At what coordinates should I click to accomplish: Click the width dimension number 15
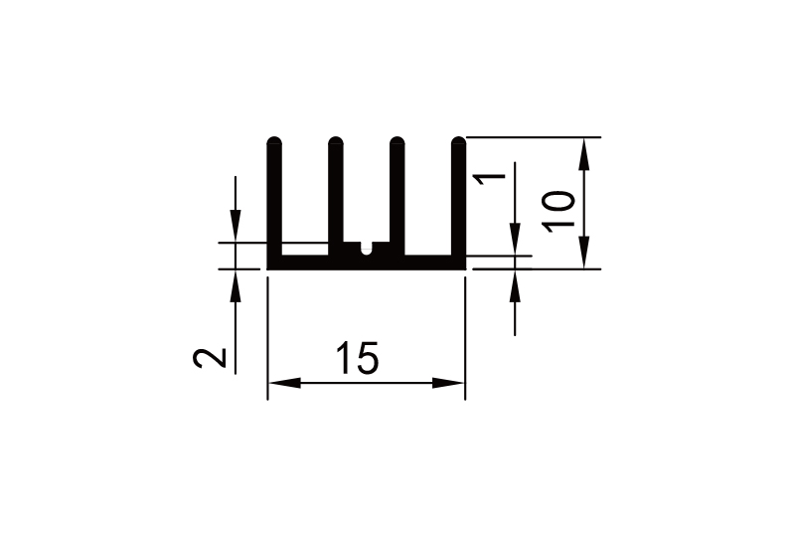(356, 359)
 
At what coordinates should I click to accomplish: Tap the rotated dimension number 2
(210, 357)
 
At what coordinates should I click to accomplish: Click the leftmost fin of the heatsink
(274, 199)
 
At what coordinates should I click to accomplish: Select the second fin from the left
(336, 194)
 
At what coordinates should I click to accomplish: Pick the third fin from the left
(397, 194)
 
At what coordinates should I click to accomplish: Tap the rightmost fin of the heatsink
(458, 199)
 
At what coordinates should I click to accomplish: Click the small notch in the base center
(367, 248)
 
